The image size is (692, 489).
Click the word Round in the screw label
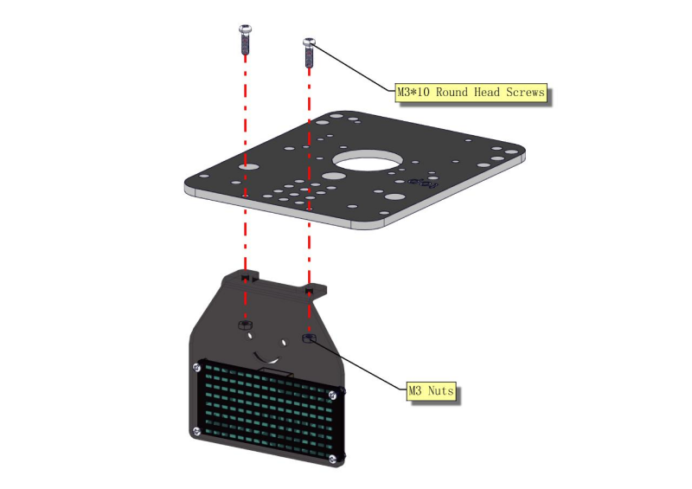click(x=452, y=93)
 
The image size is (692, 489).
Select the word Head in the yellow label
click(x=487, y=93)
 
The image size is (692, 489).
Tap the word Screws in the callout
click(x=525, y=93)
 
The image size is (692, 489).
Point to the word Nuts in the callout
click(x=441, y=390)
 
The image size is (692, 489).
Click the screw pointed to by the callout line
click(x=309, y=52)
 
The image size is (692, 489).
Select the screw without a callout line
click(x=246, y=40)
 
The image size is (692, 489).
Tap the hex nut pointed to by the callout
click(x=309, y=338)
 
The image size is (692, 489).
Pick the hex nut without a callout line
click(x=245, y=325)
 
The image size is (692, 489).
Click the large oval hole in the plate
click(x=366, y=160)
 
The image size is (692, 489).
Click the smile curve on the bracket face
click(x=266, y=357)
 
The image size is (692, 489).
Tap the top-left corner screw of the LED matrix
click(x=197, y=367)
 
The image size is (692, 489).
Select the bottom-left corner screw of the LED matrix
click(x=196, y=431)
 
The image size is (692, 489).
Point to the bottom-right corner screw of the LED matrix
click(x=333, y=460)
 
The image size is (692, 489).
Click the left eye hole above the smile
click(x=250, y=336)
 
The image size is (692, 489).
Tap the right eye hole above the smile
click(x=283, y=343)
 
